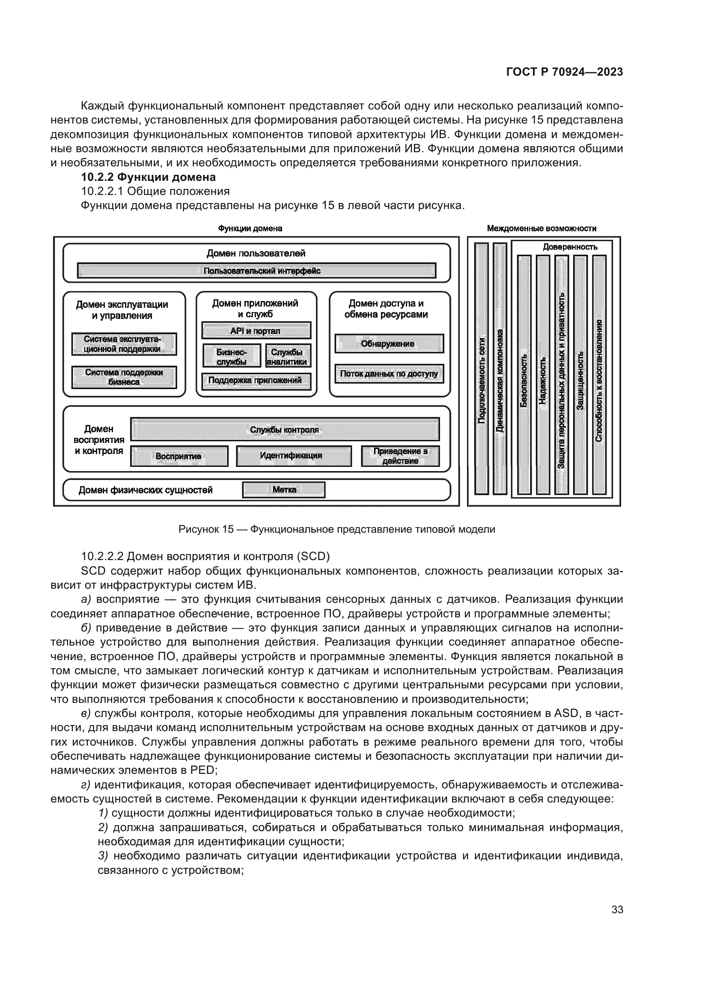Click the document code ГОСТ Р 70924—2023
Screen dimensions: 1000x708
[565, 72]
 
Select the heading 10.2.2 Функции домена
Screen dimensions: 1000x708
[148, 177]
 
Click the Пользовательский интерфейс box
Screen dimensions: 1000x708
[256, 271]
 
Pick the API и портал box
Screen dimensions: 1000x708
[256, 330]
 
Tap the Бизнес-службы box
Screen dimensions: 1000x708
[232, 356]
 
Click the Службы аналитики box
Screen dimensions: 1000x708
[287, 356]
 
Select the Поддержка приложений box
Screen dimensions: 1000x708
[256, 381]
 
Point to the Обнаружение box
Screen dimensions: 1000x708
[389, 344]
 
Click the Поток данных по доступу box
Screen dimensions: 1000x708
[389, 374]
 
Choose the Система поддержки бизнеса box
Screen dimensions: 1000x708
[124, 377]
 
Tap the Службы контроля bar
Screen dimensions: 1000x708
[285, 429]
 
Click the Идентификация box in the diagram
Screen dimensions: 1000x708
[293, 456]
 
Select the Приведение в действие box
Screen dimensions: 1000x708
[400, 456]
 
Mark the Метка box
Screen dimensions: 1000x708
[284, 490]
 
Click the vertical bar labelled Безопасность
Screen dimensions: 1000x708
[524, 375]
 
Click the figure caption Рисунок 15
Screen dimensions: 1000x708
[336, 529]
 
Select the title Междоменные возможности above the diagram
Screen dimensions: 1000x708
[541, 228]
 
